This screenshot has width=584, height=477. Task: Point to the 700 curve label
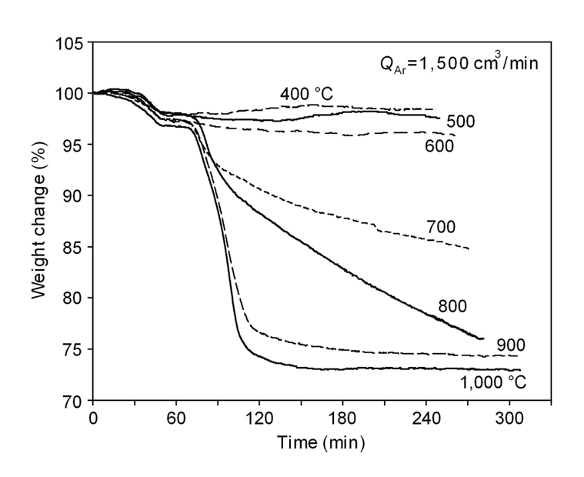pyautogui.click(x=441, y=228)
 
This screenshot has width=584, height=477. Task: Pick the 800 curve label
pyautogui.click(x=452, y=307)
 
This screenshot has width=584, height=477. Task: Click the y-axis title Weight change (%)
pyautogui.click(x=39, y=222)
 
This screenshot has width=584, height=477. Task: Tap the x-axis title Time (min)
pyautogui.click(x=322, y=442)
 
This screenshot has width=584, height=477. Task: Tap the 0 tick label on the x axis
pyautogui.click(x=93, y=419)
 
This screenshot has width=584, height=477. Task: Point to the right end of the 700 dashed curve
pyautogui.click(x=469, y=249)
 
